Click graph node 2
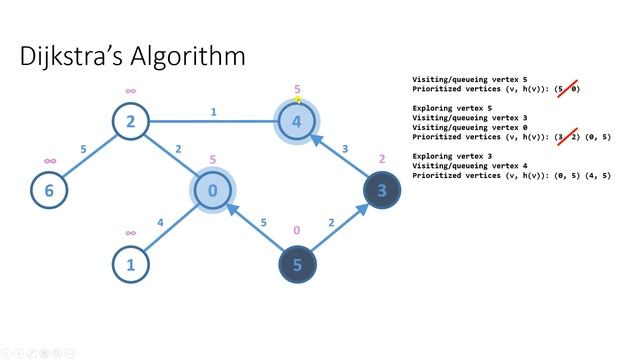(x=131, y=123)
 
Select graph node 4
(x=297, y=123)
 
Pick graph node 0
(x=213, y=190)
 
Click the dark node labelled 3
(x=380, y=190)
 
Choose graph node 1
(x=131, y=265)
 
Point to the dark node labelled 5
(x=297, y=265)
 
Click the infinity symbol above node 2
(x=131, y=92)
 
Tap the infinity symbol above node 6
(x=49, y=160)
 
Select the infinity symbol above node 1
(x=131, y=233)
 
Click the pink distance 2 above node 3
(x=381, y=159)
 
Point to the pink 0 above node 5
(x=296, y=231)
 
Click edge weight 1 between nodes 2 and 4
(x=214, y=113)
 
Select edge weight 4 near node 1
(x=161, y=222)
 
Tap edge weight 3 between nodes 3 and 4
(x=345, y=149)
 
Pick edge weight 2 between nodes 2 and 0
(x=178, y=149)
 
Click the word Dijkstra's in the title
(x=79, y=56)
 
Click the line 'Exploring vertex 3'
(x=455, y=155)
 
